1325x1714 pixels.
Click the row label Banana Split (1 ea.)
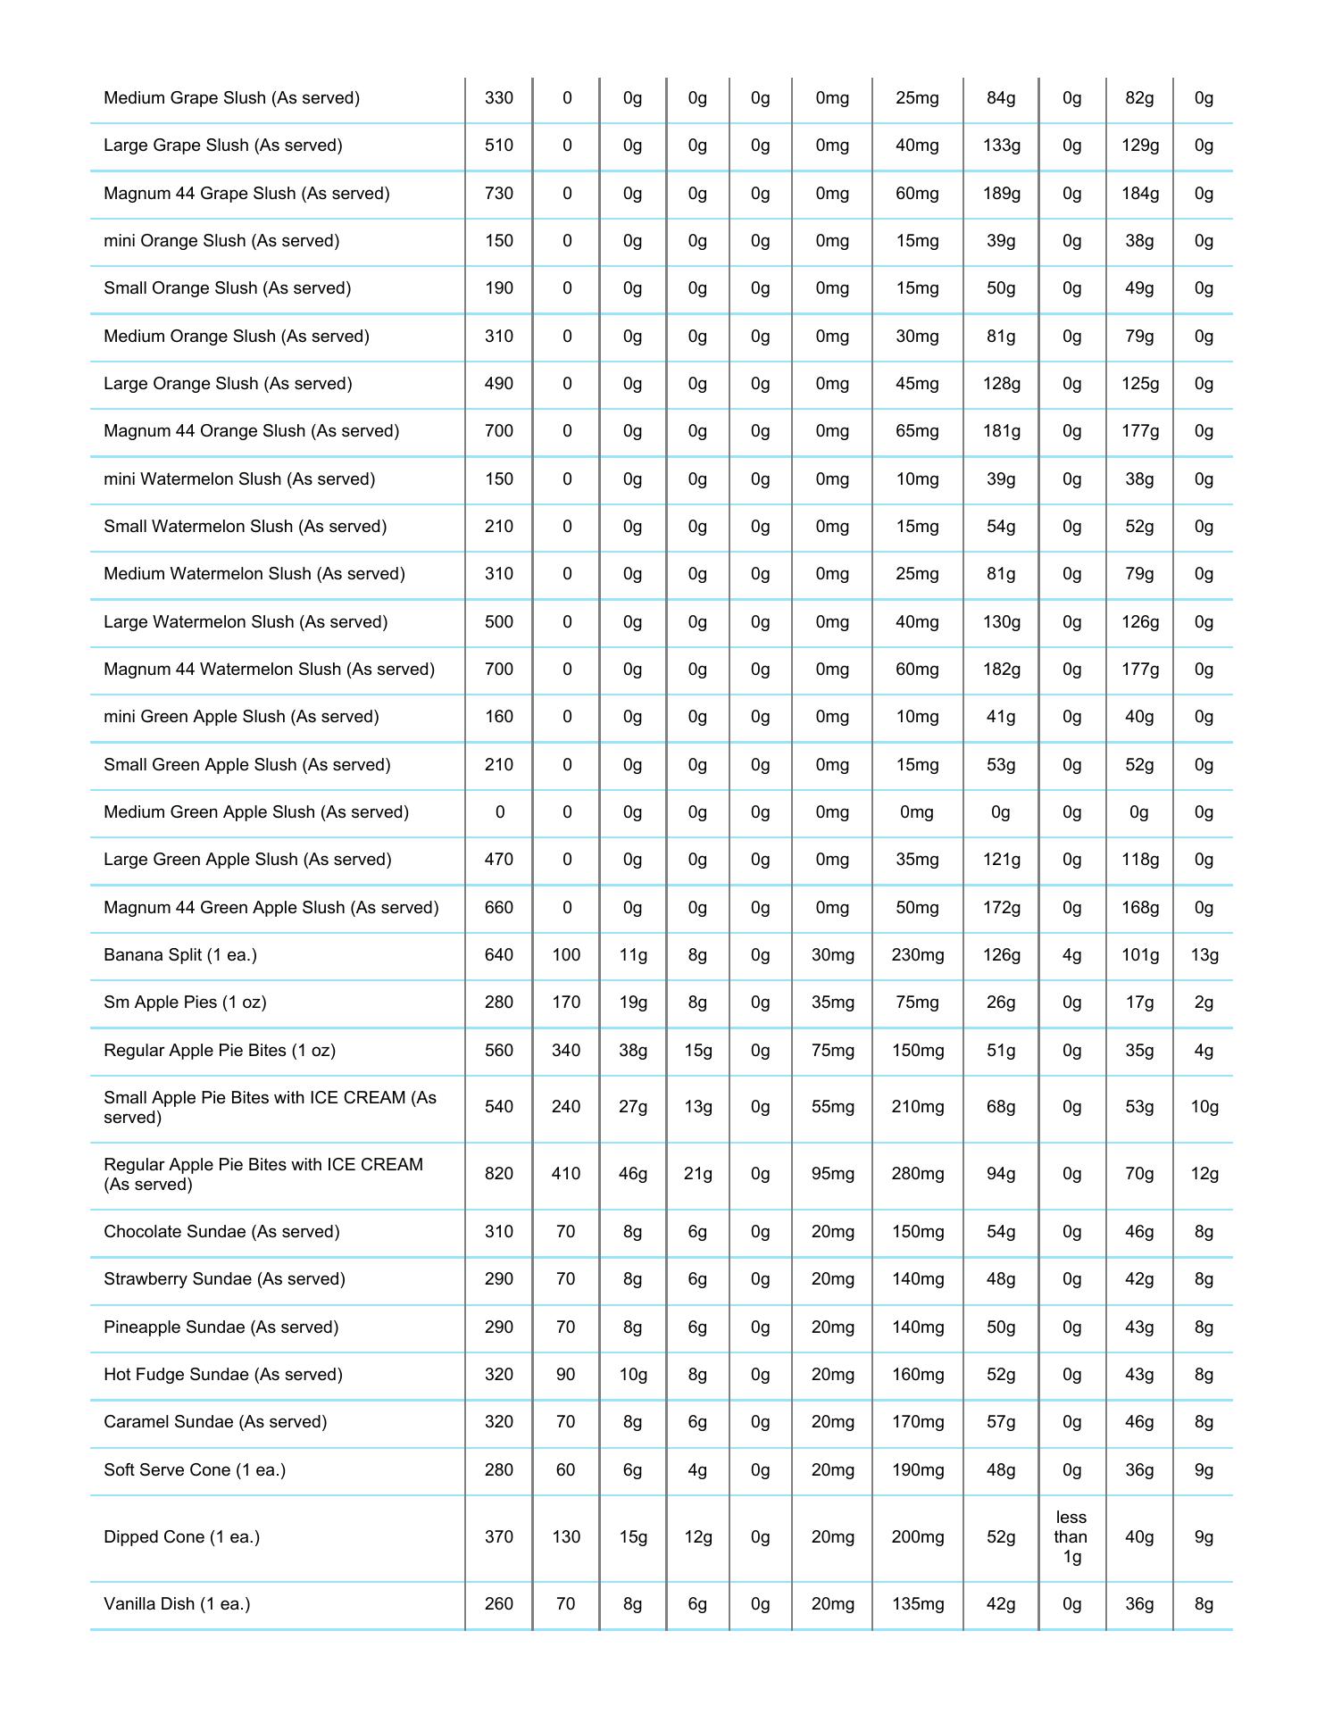[x=180, y=954]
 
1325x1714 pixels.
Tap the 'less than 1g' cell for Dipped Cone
[x=1071, y=1536]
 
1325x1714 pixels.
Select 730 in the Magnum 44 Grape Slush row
[x=498, y=193]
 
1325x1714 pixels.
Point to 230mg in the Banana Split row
[x=917, y=954]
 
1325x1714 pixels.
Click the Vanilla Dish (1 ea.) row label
[x=177, y=1603]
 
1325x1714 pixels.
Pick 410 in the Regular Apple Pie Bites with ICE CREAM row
[x=565, y=1173]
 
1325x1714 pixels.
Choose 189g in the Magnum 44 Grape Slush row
[x=1001, y=193]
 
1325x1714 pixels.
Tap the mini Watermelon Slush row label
[x=239, y=478]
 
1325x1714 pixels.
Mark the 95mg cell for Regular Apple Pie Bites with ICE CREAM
[x=832, y=1173]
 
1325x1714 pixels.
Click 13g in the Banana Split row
[x=1204, y=954]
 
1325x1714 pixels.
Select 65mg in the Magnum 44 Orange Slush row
[x=917, y=430]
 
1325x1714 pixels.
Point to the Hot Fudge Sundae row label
[x=223, y=1374]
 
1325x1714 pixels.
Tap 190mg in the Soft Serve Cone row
[x=917, y=1469]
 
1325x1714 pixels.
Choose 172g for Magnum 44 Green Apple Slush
[x=1001, y=907]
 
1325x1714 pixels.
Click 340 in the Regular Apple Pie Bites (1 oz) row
[x=565, y=1050]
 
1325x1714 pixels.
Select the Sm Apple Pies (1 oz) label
[x=185, y=1002]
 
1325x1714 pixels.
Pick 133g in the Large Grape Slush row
[x=1001, y=145]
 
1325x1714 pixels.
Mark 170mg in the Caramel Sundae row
[x=917, y=1421]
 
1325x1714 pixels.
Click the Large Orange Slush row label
[x=228, y=383]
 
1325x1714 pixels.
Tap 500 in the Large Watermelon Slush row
[x=498, y=621]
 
